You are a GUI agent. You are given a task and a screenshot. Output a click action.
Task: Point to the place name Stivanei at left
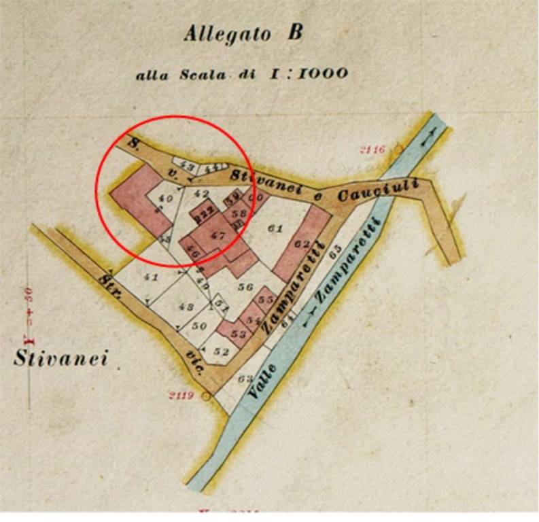60,358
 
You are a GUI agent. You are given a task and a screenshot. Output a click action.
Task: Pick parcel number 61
275,229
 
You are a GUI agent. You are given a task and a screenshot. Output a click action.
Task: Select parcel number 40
164,198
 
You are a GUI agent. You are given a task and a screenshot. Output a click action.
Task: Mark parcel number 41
151,277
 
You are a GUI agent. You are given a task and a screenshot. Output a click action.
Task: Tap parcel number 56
245,287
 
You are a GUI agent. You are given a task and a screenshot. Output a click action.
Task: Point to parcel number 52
220,352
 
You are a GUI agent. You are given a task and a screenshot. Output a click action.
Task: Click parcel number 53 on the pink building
238,334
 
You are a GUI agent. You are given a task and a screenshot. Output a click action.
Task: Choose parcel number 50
199,326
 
